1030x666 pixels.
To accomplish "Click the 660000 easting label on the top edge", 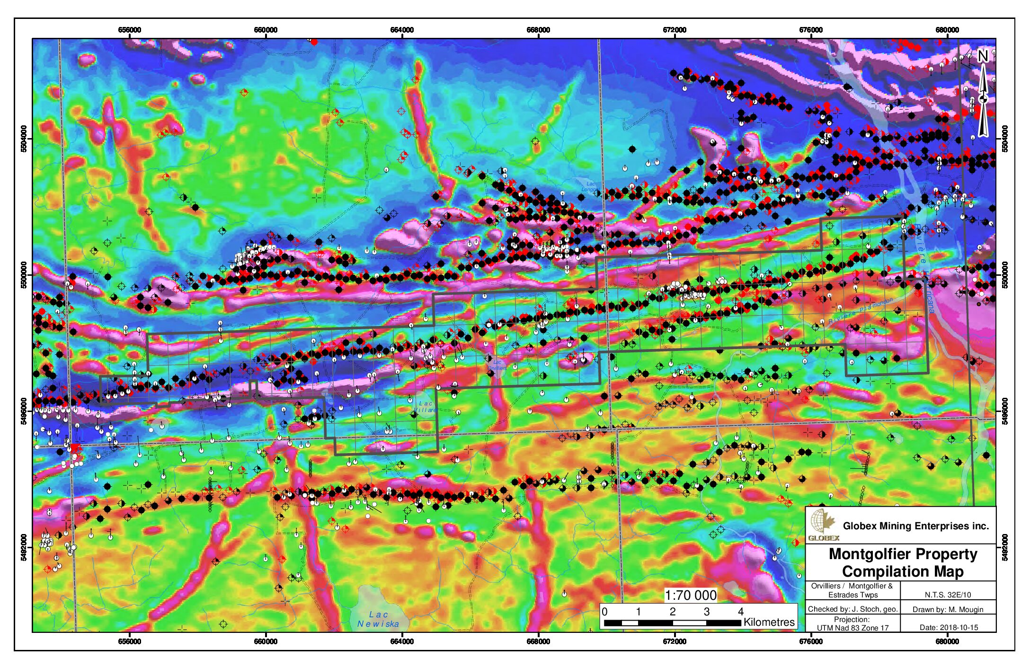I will point(266,30).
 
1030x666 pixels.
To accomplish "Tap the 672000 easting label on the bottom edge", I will point(675,641).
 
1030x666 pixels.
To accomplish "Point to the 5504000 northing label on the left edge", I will point(24,139).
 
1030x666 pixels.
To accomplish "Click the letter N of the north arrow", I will point(983,56).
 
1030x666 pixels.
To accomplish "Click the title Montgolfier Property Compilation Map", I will point(903,562).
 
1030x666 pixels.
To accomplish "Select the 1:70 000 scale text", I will point(691,595).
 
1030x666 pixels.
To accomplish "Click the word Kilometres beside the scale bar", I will point(769,622).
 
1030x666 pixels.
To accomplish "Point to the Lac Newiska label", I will point(378,619).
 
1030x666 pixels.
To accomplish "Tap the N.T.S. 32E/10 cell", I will point(948,595).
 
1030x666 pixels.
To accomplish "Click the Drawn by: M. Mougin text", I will point(948,609).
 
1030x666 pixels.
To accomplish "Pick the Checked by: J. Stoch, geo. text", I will point(852,609).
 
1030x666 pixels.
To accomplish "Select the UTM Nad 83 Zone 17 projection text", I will point(852,628).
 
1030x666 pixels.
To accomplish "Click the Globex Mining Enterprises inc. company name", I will point(916,526).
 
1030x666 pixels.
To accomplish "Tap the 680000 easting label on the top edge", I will point(947,30).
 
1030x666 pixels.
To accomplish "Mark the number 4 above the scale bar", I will point(740,612).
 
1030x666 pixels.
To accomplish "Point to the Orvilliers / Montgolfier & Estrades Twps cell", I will point(852,590).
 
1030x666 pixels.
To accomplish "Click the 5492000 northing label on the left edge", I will point(24,547).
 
